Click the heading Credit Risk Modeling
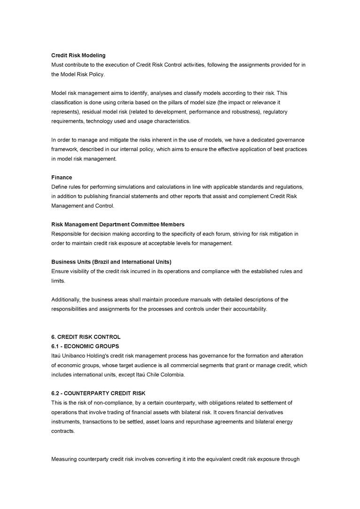pyautogui.click(x=78, y=55)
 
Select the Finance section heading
pyautogui.click(x=62, y=177)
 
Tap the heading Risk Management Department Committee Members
pyautogui.click(x=117, y=224)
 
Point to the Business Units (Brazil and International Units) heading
pyautogui.click(x=111, y=261)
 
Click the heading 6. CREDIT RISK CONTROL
pyautogui.click(x=86, y=337)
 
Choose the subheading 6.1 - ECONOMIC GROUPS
pyautogui.click(x=85, y=346)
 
